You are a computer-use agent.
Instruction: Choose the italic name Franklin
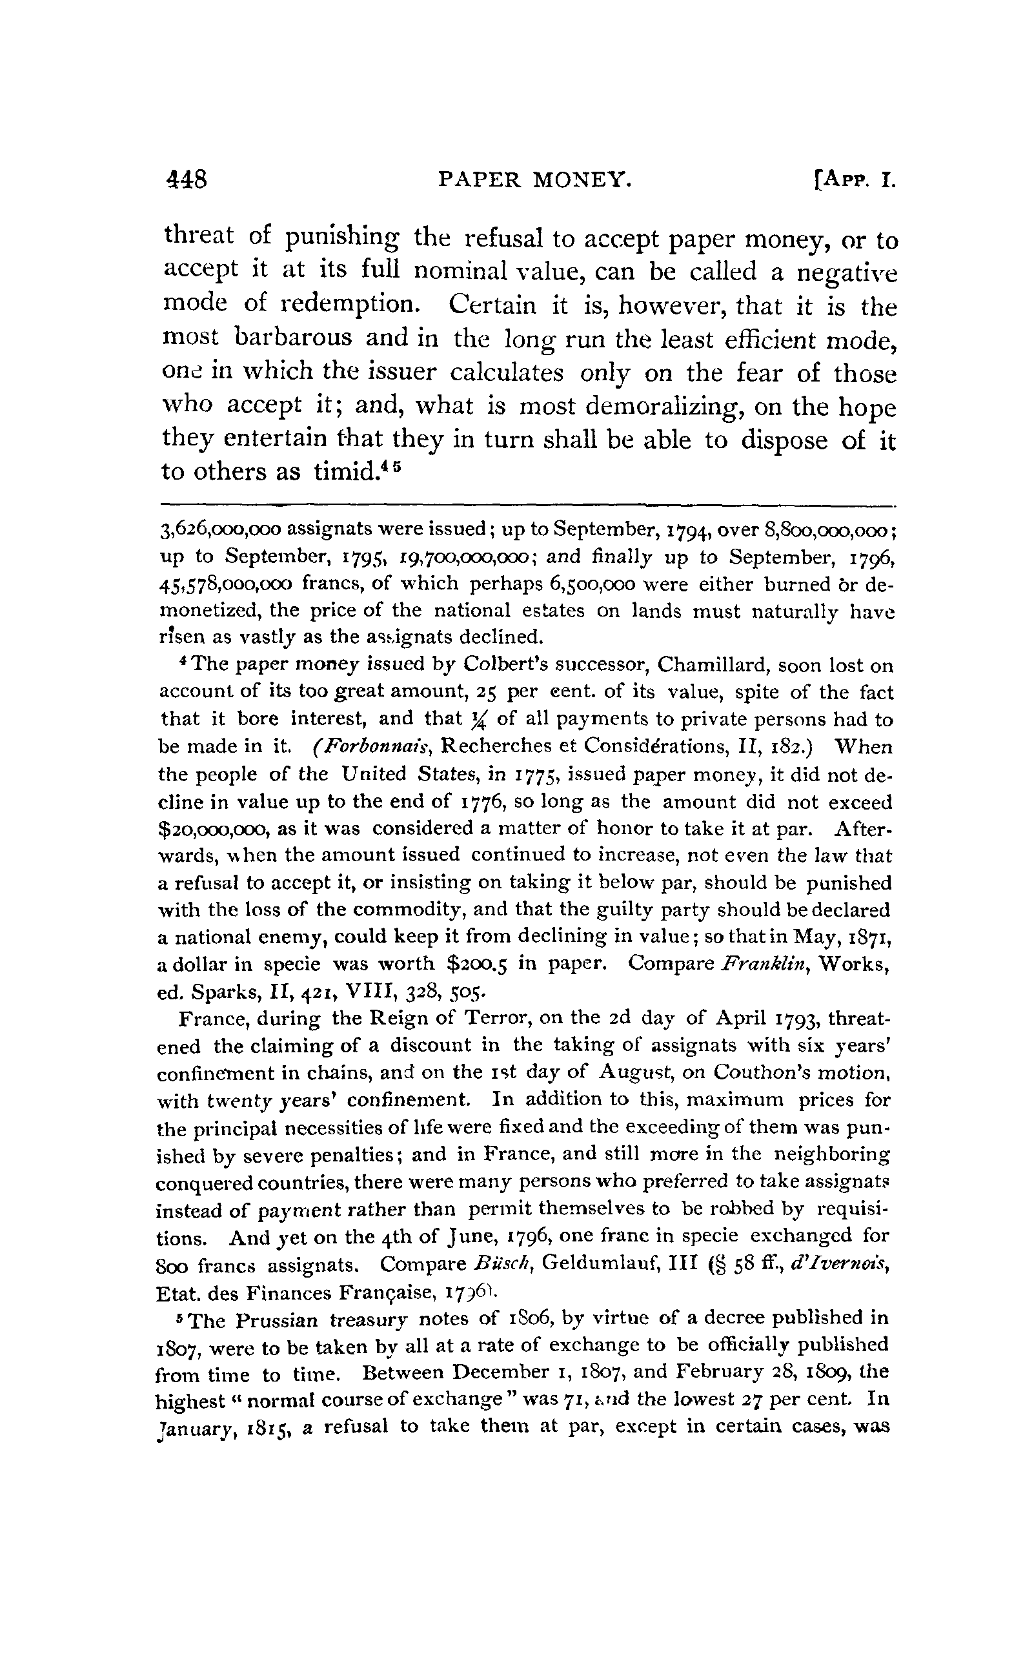[x=764, y=964]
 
